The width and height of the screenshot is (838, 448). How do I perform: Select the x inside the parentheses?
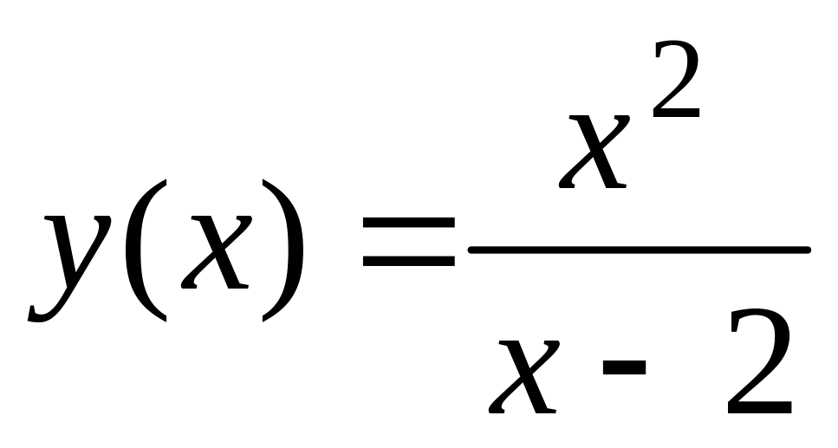click(x=213, y=251)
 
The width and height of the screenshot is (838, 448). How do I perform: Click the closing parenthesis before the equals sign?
click(x=285, y=250)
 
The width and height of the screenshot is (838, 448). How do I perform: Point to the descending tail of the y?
click(x=39, y=312)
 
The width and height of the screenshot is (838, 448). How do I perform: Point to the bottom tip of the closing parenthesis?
click(x=265, y=321)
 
